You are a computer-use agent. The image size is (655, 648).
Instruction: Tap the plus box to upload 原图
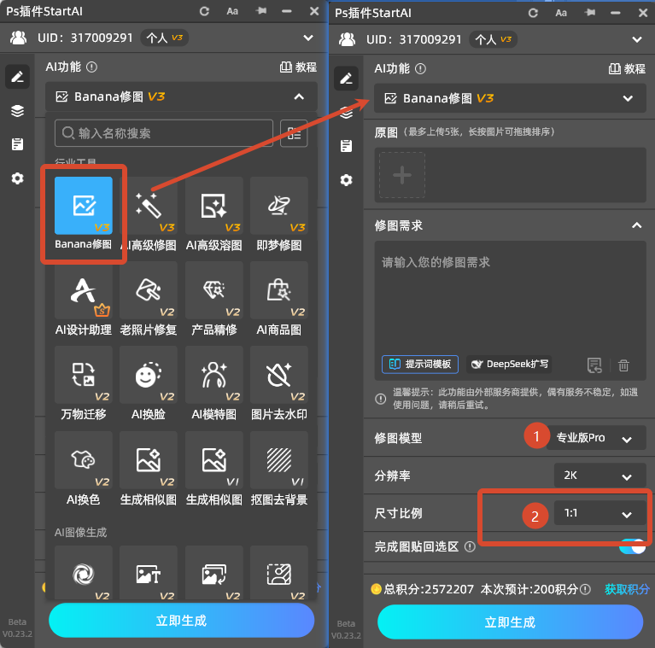(401, 176)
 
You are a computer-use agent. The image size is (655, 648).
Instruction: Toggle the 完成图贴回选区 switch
(632, 546)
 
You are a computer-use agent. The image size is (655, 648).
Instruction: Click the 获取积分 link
(627, 589)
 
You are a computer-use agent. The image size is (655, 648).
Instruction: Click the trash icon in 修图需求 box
(623, 365)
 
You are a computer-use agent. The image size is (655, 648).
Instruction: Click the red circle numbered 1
(535, 437)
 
